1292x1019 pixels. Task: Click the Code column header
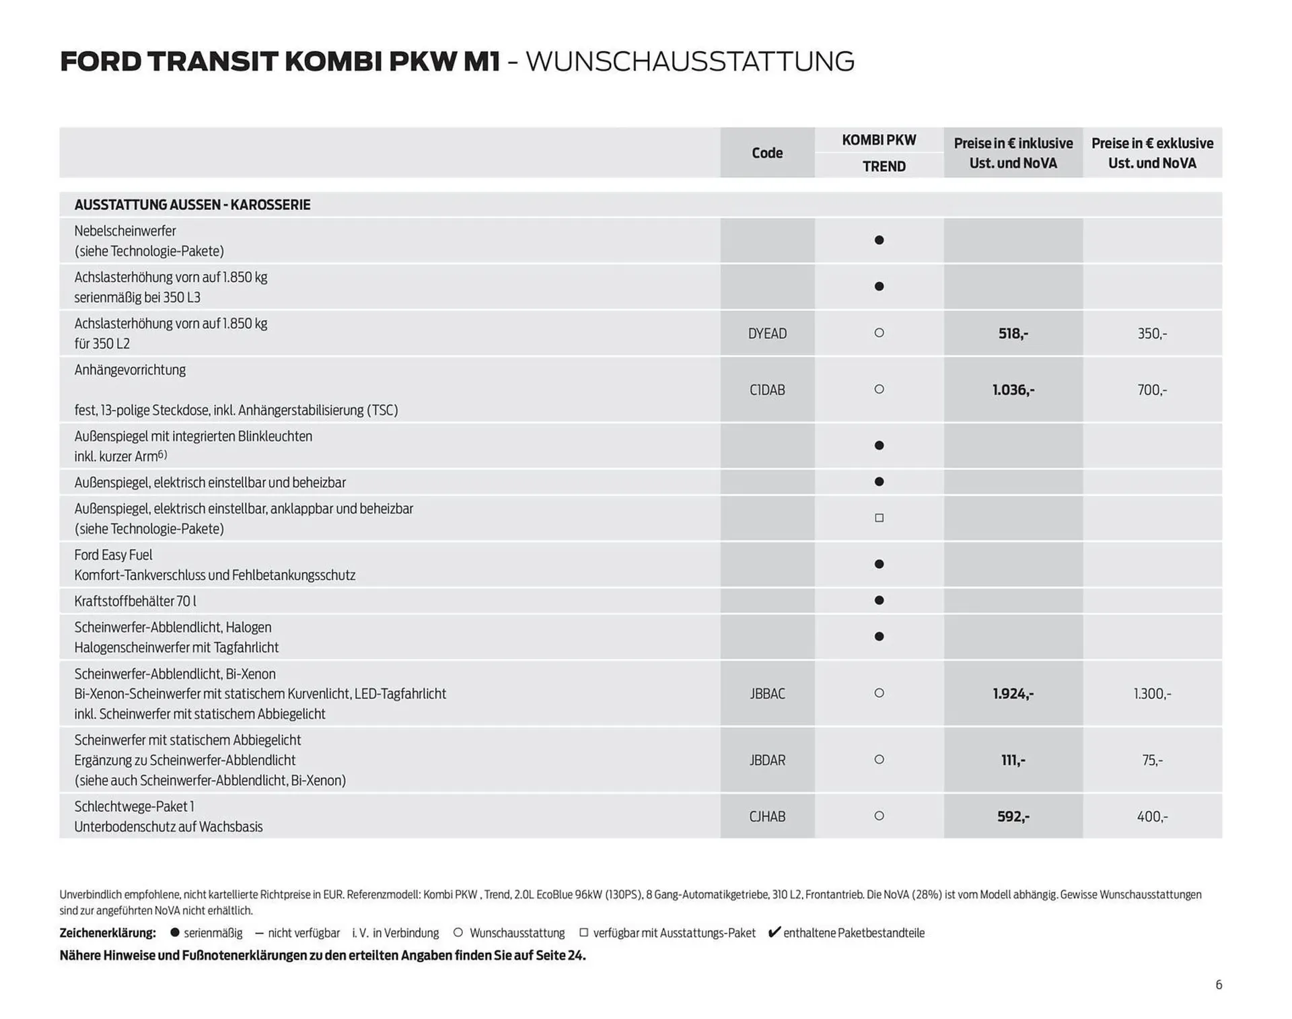point(766,153)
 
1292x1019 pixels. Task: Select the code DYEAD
point(767,333)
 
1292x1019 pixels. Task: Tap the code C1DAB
point(767,390)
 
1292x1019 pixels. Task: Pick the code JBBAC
point(767,693)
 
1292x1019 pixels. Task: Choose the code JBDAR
point(767,760)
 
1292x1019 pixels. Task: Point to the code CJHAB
point(767,816)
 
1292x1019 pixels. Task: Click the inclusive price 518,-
point(1013,333)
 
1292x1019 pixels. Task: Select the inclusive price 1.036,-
point(1013,390)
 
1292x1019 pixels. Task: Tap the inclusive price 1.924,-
point(1013,693)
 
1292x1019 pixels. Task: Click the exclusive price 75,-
point(1152,760)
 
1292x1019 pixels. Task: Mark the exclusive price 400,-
point(1152,816)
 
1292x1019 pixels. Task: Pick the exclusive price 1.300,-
point(1152,693)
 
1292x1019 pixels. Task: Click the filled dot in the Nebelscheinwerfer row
point(879,240)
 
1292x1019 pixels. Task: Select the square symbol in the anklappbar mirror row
point(879,518)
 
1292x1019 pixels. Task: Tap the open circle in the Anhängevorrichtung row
point(879,389)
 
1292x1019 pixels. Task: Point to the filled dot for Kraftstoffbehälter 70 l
point(879,600)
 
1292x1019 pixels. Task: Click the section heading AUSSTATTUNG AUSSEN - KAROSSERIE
point(192,205)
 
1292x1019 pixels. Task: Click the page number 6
point(1219,985)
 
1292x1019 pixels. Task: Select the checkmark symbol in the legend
point(774,932)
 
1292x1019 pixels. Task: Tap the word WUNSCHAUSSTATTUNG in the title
point(690,61)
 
